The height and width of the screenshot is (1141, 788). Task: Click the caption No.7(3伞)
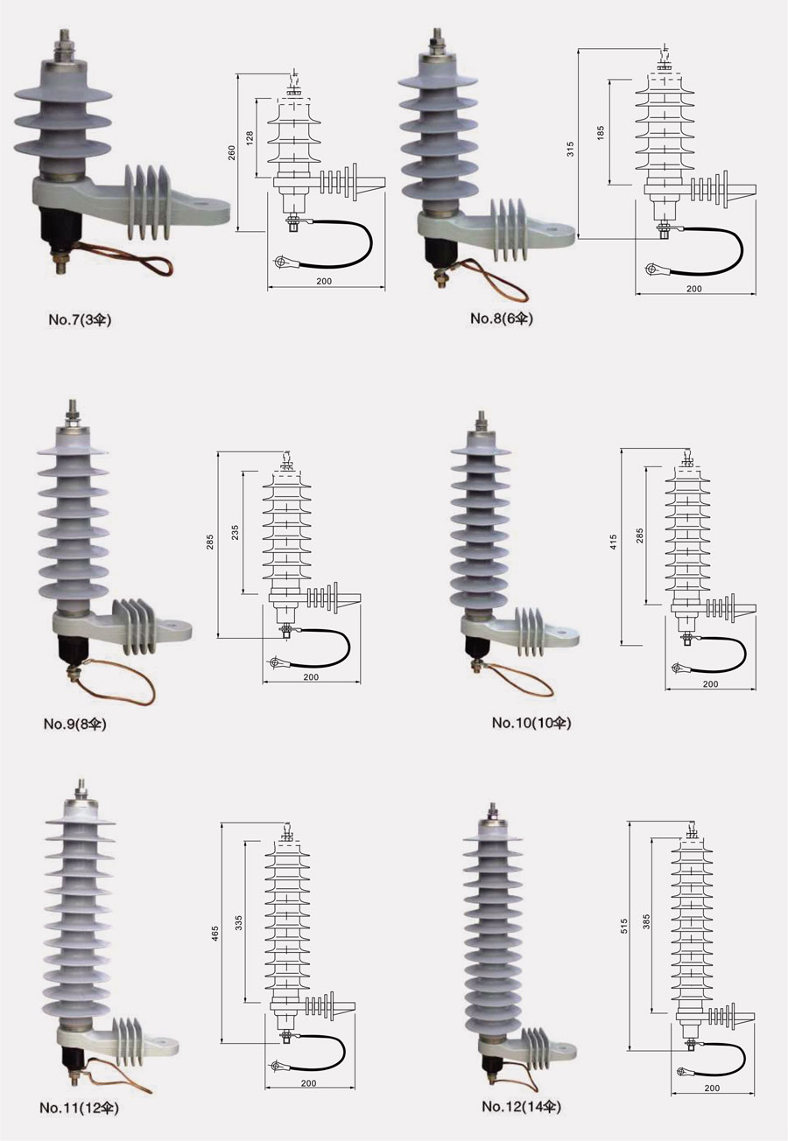(x=80, y=320)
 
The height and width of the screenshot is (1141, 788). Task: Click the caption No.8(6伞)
(x=502, y=318)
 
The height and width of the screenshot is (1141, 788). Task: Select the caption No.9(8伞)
(x=75, y=724)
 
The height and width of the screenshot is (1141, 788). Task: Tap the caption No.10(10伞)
(x=531, y=722)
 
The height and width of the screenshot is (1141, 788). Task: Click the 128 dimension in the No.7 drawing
(x=250, y=138)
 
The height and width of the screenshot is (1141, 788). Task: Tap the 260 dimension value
(x=232, y=153)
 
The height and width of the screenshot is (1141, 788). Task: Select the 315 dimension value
(x=570, y=149)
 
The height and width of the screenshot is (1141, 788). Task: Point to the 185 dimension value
(x=601, y=132)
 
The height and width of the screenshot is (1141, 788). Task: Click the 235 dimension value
(x=235, y=533)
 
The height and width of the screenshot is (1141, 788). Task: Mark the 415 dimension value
(x=614, y=542)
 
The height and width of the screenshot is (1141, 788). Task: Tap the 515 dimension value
(x=625, y=926)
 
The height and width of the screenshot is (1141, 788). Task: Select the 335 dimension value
(x=239, y=923)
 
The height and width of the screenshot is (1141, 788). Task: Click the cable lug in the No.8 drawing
(x=653, y=269)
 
